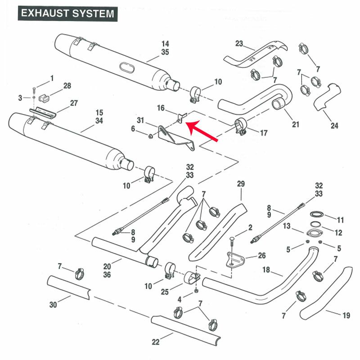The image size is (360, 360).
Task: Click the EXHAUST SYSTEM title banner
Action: (67, 13)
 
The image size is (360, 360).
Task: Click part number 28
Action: (67, 85)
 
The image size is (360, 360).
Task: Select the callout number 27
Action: (74, 103)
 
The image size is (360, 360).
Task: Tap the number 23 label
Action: (238, 44)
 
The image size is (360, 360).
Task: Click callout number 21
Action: (295, 125)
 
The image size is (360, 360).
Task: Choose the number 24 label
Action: (334, 126)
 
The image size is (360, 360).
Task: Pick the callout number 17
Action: (264, 133)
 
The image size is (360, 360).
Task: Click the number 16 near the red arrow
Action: (161, 108)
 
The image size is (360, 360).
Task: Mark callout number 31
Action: (140, 120)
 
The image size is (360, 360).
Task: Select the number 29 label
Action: (241, 184)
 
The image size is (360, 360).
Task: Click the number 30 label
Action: (53, 305)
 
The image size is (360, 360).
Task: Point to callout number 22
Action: (155, 342)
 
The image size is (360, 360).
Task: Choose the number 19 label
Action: (346, 316)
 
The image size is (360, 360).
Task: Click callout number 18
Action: (266, 270)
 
